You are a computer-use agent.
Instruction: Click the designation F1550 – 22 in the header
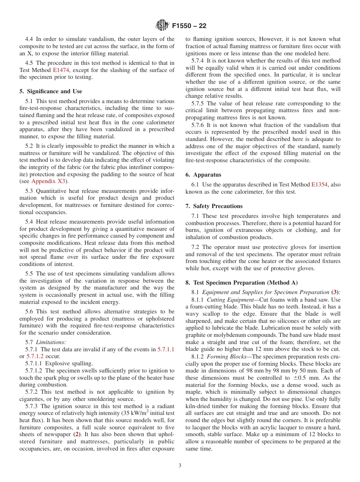pos(189,26)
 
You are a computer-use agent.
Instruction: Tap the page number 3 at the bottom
pos(180,466)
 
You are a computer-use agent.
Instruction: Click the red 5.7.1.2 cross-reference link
pos(35,356)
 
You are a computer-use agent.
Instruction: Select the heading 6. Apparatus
pos(203,175)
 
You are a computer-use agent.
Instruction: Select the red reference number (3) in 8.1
pos(335,292)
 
